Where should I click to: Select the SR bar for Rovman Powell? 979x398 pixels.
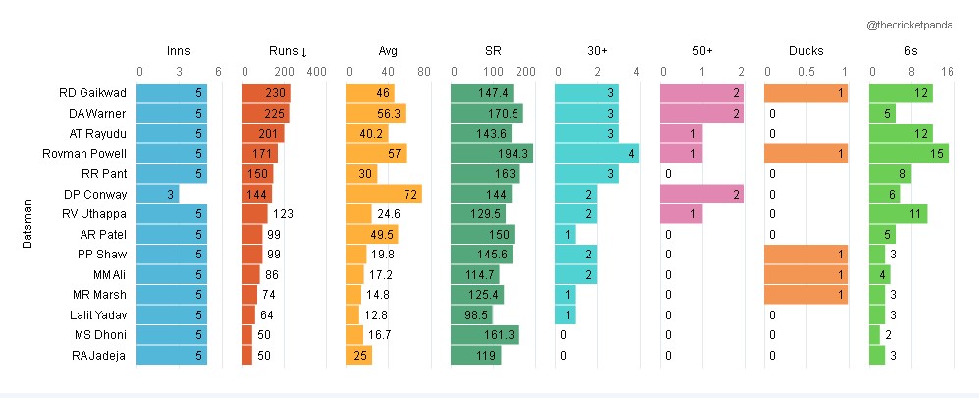click(492, 153)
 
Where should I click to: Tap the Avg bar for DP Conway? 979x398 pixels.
click(385, 194)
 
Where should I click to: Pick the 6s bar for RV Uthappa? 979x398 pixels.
click(898, 214)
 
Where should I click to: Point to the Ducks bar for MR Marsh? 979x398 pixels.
click(805, 294)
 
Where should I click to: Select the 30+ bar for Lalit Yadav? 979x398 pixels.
click(566, 314)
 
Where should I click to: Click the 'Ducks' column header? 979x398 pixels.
click(806, 51)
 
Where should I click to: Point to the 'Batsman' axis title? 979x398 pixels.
click(27, 224)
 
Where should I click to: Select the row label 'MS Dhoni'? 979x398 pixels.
click(100, 334)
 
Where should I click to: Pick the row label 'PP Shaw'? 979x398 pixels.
click(103, 254)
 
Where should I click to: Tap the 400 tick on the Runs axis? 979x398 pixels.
click(316, 72)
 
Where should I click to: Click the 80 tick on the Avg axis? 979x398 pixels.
click(424, 72)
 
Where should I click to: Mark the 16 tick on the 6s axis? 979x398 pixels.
click(949, 72)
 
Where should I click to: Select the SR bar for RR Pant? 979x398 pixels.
click(485, 174)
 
